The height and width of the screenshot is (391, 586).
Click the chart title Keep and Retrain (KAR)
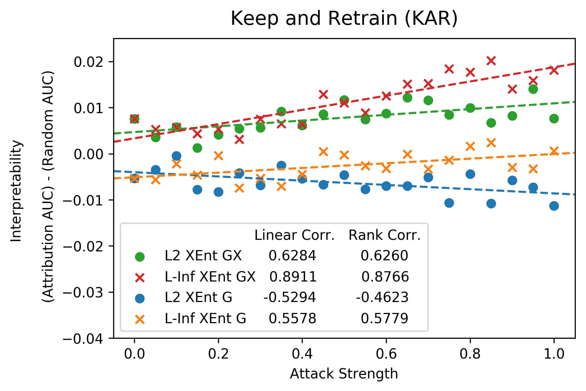tap(344, 19)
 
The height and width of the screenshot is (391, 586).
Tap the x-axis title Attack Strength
tap(344, 374)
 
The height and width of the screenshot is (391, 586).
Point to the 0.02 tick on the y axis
tap(87, 62)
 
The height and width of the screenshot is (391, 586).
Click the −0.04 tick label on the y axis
tap(87, 338)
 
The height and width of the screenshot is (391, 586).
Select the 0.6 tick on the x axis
tap(386, 354)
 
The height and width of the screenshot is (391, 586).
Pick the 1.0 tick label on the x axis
tap(554, 354)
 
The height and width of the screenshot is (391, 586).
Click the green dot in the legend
tap(140, 257)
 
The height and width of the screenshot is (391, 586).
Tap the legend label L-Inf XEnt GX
tap(210, 277)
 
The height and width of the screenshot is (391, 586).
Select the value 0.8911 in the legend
tap(293, 277)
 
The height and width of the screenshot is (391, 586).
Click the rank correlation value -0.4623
tap(382, 297)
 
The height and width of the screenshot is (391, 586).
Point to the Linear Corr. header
tap(294, 235)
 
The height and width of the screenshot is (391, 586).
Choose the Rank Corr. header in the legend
tap(384, 235)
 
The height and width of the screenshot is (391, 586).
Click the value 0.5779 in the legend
tap(384, 318)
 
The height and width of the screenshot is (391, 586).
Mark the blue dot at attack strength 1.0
tap(554, 206)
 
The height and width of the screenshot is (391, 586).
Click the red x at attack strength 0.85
tap(491, 61)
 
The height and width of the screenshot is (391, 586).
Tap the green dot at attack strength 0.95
tap(533, 89)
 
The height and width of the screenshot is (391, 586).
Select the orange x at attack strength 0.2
tap(218, 155)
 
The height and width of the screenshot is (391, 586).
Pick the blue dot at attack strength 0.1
tap(176, 156)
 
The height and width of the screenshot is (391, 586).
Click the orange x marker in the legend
tap(140, 319)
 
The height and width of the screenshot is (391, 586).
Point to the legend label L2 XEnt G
tap(199, 297)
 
